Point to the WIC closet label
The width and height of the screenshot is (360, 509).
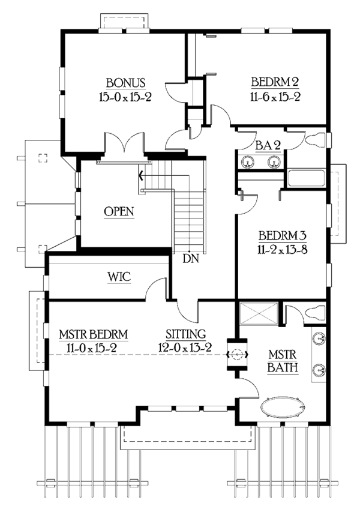tap(119, 277)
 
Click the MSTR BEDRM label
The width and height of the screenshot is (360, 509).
tap(94, 334)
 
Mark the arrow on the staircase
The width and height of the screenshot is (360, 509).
tap(141, 176)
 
